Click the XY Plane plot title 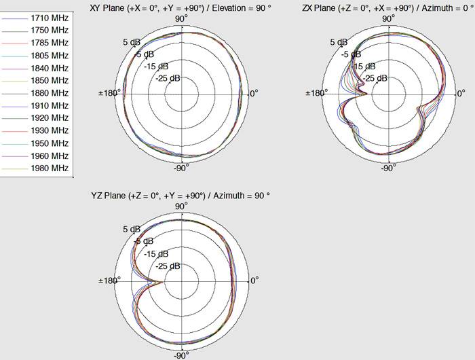click(x=180, y=7)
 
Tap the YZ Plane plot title click(x=180, y=196)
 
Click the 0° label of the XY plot click(x=255, y=93)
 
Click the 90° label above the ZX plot click(x=388, y=18)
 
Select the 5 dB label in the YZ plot click(x=130, y=230)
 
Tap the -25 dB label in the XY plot click(x=168, y=78)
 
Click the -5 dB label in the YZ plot click(x=143, y=241)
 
